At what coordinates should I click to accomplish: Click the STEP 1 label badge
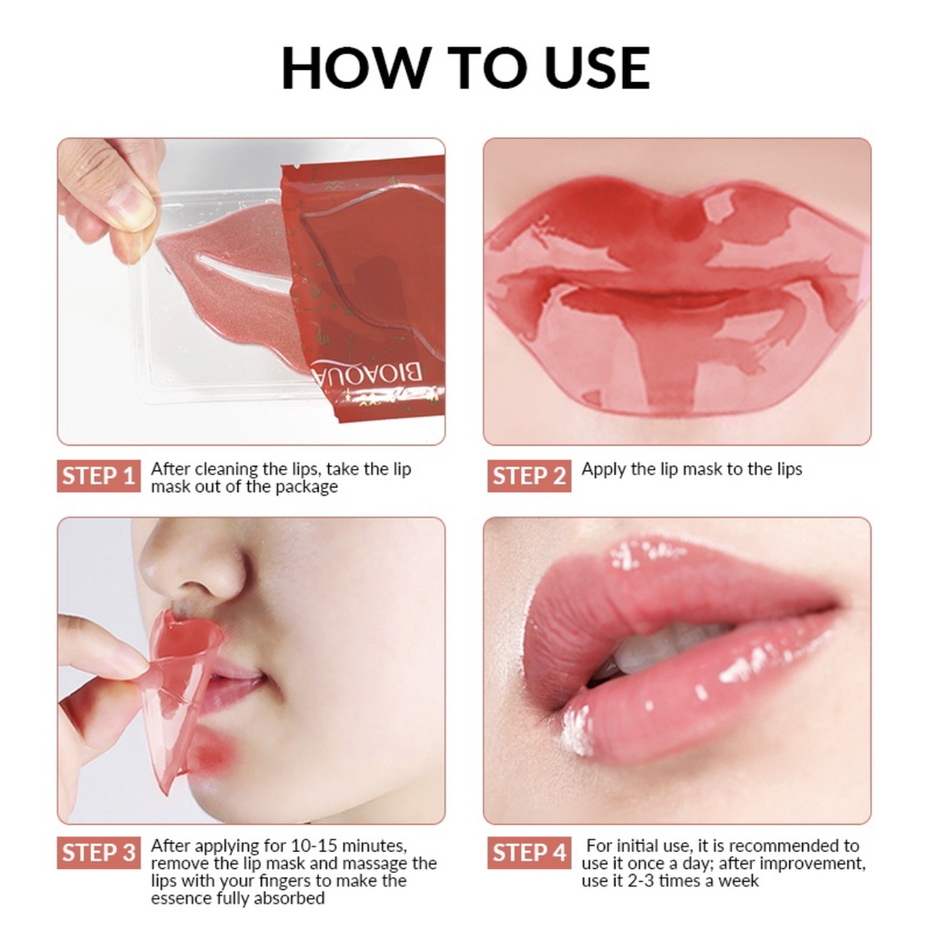(99, 476)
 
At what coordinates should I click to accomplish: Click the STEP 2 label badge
(529, 476)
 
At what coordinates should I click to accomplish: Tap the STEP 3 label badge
(99, 853)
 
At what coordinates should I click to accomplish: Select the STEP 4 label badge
(529, 853)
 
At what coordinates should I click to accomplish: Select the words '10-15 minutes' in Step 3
(355, 846)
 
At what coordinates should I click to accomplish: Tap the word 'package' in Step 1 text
(307, 487)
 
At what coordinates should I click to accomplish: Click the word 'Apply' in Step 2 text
(604, 469)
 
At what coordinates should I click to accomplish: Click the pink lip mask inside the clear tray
(227, 273)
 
